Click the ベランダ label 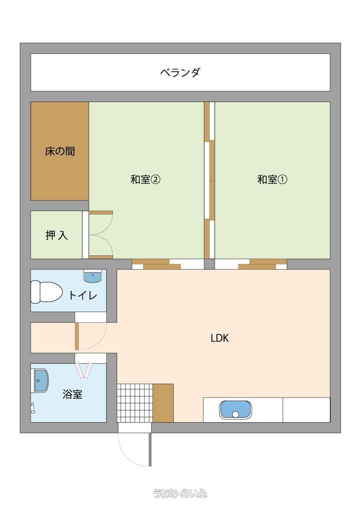point(180,72)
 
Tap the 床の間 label point(60,151)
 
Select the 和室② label point(145,179)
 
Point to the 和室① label point(272,179)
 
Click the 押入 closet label point(57,235)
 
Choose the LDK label point(220,338)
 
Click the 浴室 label point(72,394)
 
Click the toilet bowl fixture point(46,292)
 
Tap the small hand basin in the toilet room point(93,276)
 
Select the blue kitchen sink point(235,410)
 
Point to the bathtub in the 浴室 point(40,380)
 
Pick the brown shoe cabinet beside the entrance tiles point(163,403)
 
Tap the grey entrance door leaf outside point(150,449)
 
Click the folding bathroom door point(85,370)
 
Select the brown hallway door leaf point(76,336)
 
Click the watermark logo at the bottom point(180,494)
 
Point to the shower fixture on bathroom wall point(32,408)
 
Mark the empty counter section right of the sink point(306,410)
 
